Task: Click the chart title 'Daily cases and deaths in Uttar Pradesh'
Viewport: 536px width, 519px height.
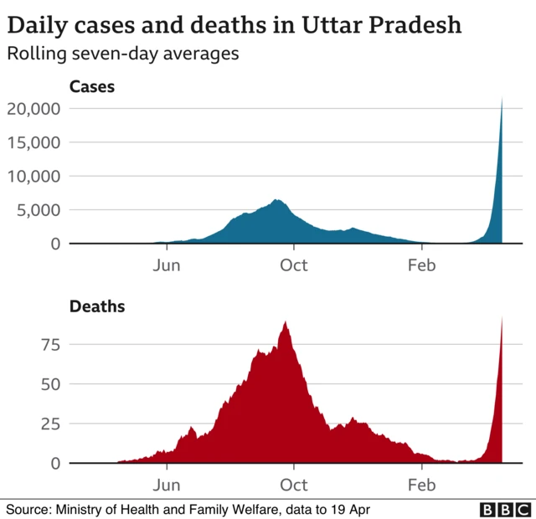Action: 234,24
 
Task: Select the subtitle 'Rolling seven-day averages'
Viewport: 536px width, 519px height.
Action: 123,54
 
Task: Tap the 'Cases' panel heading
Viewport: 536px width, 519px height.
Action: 91,86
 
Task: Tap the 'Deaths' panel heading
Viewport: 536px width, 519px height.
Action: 96,306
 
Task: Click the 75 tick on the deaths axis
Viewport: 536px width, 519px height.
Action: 51,345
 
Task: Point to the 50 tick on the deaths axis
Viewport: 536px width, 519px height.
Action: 51,384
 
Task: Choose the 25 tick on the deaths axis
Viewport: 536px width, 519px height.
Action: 51,424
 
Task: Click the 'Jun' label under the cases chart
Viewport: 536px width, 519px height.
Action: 167,265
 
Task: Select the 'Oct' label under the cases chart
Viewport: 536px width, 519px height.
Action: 294,265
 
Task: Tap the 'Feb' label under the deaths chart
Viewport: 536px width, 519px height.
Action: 421,485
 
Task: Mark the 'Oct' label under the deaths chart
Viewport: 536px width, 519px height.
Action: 294,485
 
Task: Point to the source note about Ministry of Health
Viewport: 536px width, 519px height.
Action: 188,509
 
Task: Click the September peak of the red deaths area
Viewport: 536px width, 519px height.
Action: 286,322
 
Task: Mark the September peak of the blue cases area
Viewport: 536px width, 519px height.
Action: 276,200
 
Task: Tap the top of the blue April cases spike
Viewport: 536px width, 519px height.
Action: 502,99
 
